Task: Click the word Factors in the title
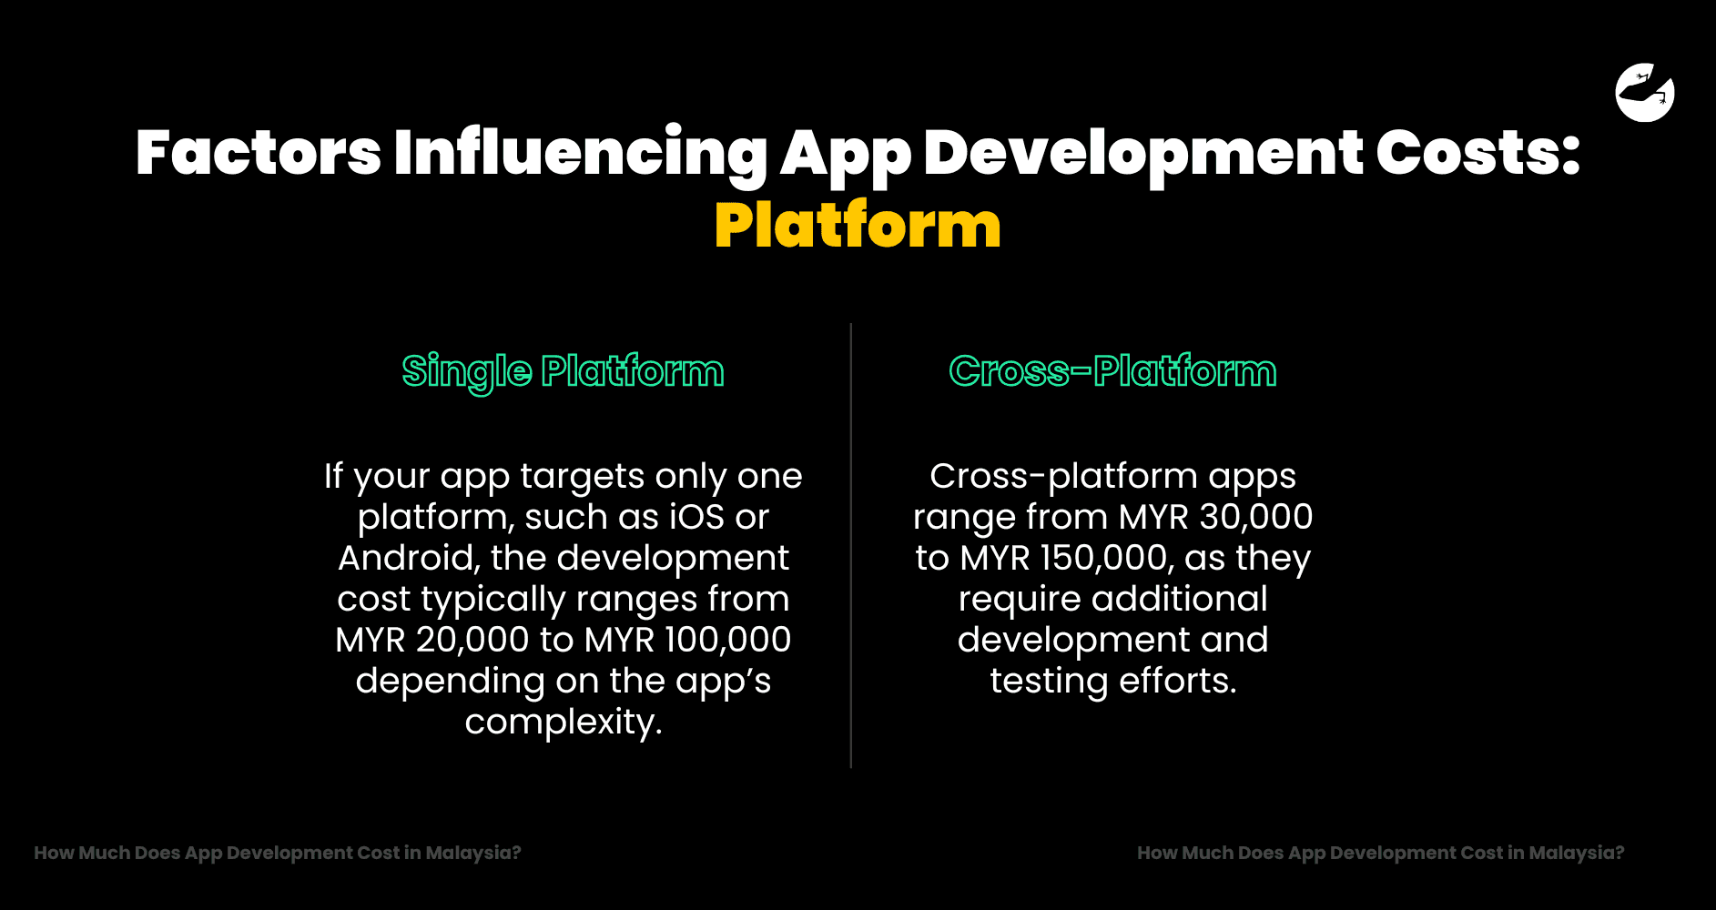click(x=259, y=152)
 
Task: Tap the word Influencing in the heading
click(x=581, y=152)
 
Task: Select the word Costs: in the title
click(x=1477, y=152)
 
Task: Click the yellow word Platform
click(x=858, y=226)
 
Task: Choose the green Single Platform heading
click(x=563, y=371)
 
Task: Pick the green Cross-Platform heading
click(x=1112, y=371)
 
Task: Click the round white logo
click(x=1644, y=92)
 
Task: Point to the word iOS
click(x=696, y=517)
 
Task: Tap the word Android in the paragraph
click(x=408, y=558)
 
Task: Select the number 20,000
click(x=472, y=640)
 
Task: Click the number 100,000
click(x=727, y=640)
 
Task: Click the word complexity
click(x=563, y=722)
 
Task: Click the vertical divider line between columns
click(x=851, y=546)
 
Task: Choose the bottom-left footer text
click(x=278, y=853)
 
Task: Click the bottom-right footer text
click(x=1380, y=853)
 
